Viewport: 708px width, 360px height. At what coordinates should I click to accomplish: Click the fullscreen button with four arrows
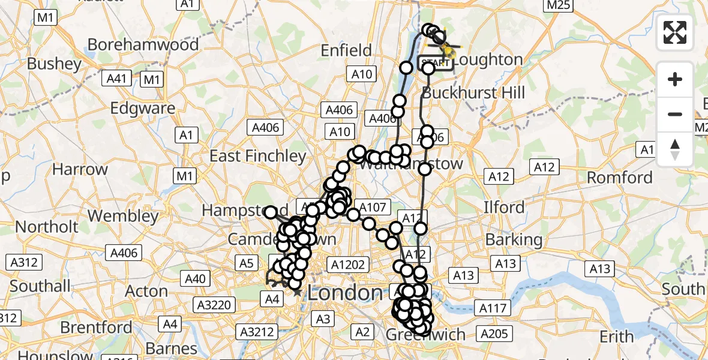pos(675,32)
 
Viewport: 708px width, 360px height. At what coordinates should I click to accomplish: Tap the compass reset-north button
pos(675,149)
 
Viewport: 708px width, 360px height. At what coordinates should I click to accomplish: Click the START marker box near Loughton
pos(435,62)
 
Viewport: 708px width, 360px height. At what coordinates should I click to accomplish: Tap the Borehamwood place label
pos(143,44)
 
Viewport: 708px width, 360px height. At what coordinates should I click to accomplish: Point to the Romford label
pos(620,178)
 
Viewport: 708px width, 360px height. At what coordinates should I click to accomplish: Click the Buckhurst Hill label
pos(473,93)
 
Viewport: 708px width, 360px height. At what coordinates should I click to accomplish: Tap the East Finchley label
pos(257,156)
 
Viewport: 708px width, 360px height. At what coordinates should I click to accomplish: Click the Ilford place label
pos(504,207)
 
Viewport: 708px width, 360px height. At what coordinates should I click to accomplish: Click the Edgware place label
pos(143,109)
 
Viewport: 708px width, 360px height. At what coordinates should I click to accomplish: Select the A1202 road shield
pos(345,263)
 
